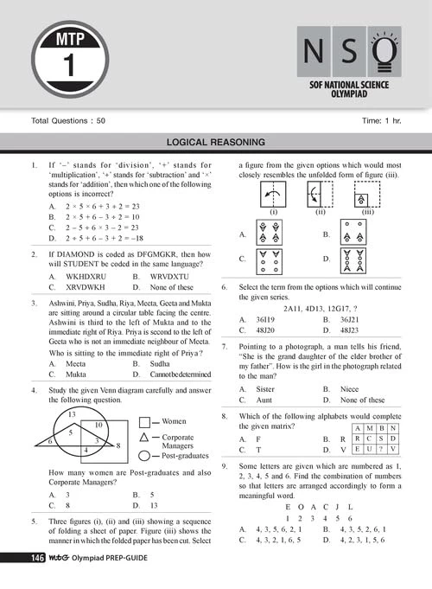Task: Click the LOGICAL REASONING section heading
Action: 216,143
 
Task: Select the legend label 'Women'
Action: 175,421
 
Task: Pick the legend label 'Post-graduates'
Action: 188,455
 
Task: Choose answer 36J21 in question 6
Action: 356,319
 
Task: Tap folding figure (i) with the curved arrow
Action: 272,195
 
